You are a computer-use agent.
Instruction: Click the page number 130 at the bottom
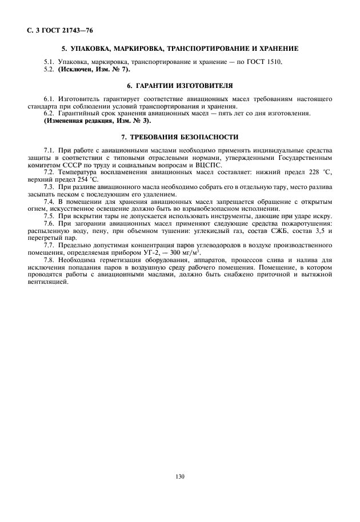(181, 476)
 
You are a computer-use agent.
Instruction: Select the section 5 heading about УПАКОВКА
(180, 48)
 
